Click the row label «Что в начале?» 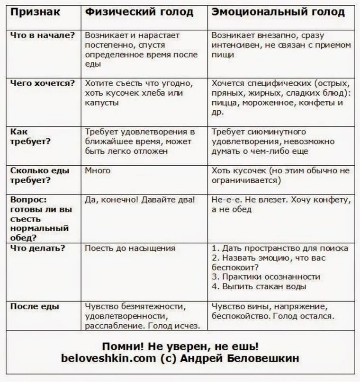(43, 35)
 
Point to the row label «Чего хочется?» (43, 83)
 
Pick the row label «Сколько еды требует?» (40, 175)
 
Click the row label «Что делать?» (37, 248)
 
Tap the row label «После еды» (35, 306)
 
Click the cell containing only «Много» (98, 170)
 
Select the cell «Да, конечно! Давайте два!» (139, 200)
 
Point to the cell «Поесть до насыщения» (130, 248)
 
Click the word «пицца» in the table (225, 102)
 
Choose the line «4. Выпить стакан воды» (259, 286)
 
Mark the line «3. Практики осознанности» (266, 277)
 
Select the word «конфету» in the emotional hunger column (332, 200)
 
